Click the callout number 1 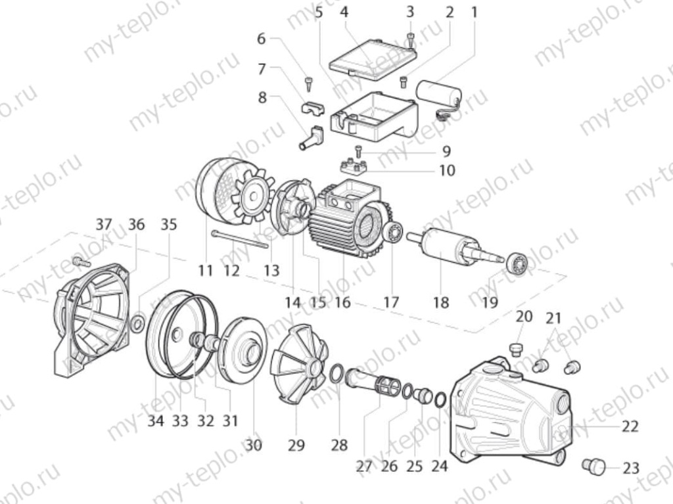(x=474, y=12)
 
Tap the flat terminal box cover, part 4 (x=373, y=60)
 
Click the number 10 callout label (x=447, y=170)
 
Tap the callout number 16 (x=342, y=302)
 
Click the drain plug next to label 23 (x=593, y=467)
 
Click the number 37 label (x=103, y=224)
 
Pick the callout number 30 (x=253, y=445)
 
